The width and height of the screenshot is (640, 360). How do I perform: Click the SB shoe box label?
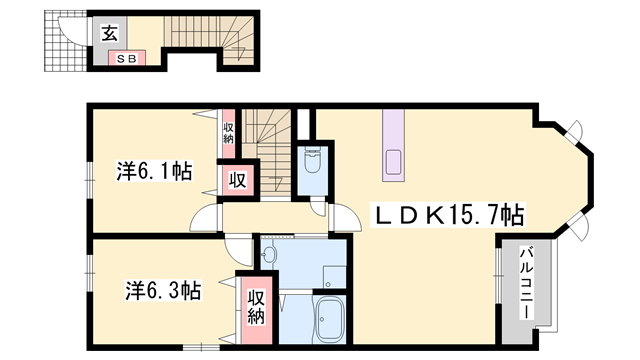pos(128,57)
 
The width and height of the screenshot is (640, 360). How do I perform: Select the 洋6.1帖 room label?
pos(152,171)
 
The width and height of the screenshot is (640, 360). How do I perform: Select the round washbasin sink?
pos(269,257)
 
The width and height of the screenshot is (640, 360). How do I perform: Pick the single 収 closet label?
pos(237,181)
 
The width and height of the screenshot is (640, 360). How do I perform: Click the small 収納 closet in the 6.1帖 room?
pos(228,131)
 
